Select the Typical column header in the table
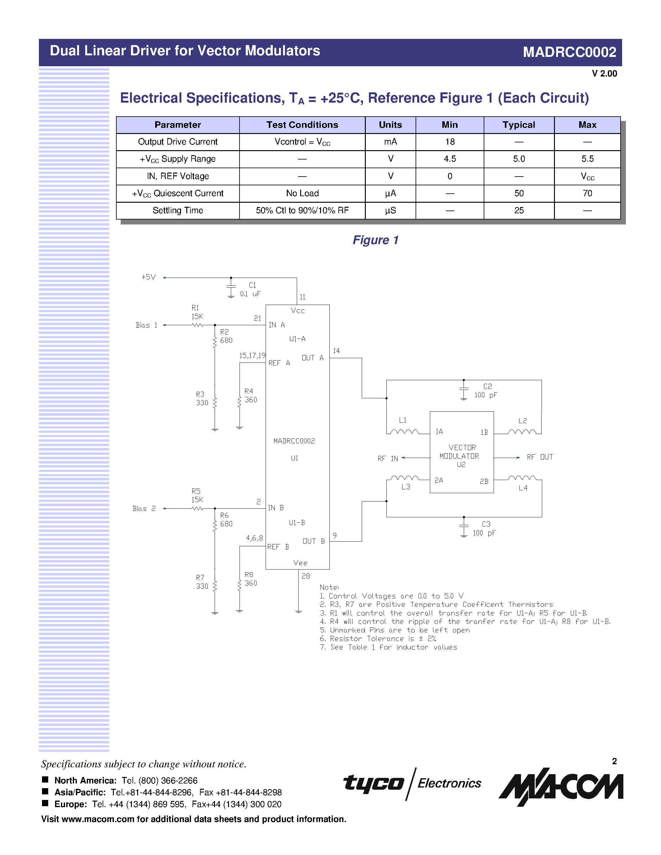[519, 125]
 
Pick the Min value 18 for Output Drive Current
[449, 142]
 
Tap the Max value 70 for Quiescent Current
[587, 193]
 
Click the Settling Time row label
[178, 210]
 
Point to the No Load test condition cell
[302, 193]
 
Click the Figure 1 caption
[375, 240]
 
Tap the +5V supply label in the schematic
[148, 277]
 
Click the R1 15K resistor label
[197, 312]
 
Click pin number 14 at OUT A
[336, 351]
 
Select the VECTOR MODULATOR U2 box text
[461, 456]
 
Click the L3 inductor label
[406, 487]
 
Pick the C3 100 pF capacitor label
[484, 529]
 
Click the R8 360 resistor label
[250, 579]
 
